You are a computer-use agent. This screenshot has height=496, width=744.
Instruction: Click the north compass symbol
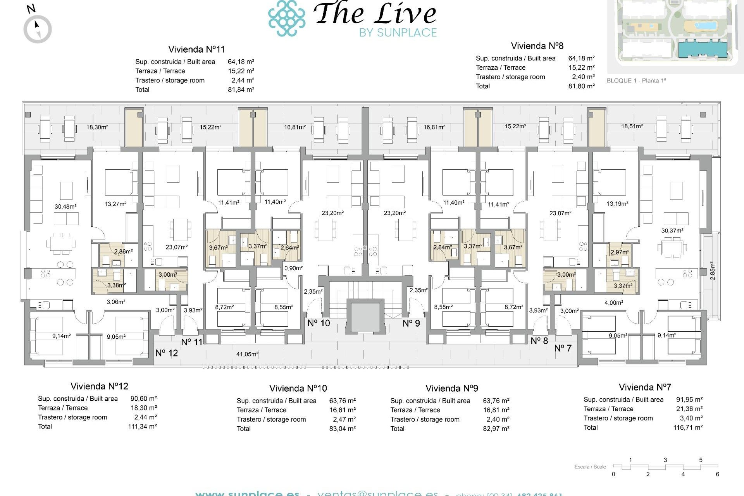38,29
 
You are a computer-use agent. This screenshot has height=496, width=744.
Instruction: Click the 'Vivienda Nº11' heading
196,50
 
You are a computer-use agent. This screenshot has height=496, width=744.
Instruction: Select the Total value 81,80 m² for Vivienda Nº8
581,86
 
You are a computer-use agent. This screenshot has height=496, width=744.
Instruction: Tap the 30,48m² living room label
65,207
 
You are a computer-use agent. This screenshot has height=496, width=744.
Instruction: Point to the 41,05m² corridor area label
247,354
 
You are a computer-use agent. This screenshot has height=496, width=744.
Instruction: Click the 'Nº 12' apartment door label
167,353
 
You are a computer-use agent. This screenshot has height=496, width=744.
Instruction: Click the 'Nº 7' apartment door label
563,348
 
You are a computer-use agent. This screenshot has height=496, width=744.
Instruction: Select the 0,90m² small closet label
293,268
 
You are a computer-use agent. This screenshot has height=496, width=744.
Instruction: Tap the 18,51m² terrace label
632,126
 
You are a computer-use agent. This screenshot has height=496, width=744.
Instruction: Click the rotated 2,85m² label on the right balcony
712,271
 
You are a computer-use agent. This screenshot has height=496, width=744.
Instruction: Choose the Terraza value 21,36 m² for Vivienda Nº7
689,409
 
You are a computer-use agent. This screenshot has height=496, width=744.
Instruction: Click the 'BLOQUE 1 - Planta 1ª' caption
636,81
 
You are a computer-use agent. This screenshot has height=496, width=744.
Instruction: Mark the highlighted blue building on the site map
702,49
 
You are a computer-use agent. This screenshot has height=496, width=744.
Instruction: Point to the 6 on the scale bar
717,474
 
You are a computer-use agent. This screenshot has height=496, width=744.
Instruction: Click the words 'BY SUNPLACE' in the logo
398,33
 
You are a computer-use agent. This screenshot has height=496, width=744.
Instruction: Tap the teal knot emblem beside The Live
287,18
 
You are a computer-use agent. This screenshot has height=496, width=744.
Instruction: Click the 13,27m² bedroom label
115,204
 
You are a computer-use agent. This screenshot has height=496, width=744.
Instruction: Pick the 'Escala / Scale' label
590,467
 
